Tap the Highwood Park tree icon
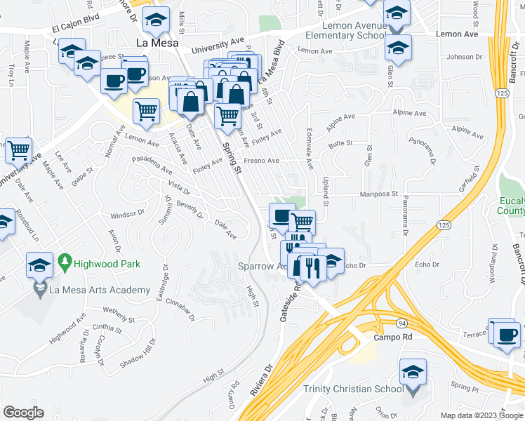click(66, 264)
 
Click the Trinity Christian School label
click(353, 389)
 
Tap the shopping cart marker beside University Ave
click(18, 149)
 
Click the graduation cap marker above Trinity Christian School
click(413, 372)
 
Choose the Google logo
click(24, 413)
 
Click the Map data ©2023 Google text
click(481, 415)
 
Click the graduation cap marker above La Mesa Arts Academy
click(39, 266)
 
